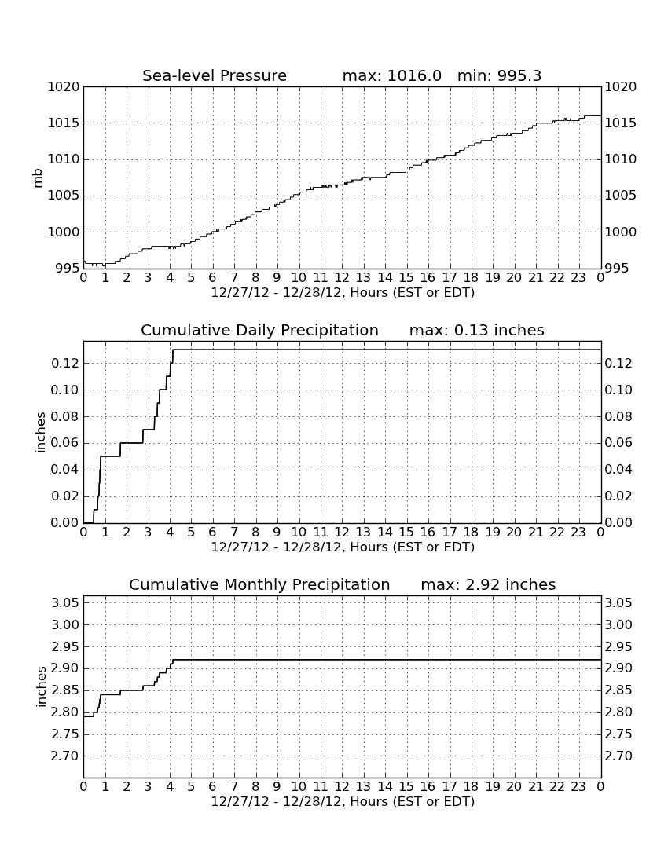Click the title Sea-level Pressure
pos(215,75)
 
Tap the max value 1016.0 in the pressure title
pos(414,75)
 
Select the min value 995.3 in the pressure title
pos(519,75)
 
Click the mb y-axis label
pos(38,178)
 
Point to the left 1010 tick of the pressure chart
pos(64,159)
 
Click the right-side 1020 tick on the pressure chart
pos(621,87)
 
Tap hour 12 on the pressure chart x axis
pos(342,278)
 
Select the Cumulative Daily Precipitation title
pos(259,330)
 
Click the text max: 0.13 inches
pos(477,330)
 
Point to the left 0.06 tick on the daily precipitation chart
pos(65,443)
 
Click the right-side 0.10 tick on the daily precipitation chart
pos(618,390)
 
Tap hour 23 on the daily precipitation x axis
pos(578,533)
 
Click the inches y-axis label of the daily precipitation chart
pos(40,433)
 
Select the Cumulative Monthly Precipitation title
pos(259,584)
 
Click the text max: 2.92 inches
pos(488,584)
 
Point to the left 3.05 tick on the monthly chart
pos(65,602)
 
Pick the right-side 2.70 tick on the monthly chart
pos(618,756)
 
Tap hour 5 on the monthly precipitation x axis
pos(191,787)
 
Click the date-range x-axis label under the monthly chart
pos(343,801)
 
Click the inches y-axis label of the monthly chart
pos(40,687)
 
